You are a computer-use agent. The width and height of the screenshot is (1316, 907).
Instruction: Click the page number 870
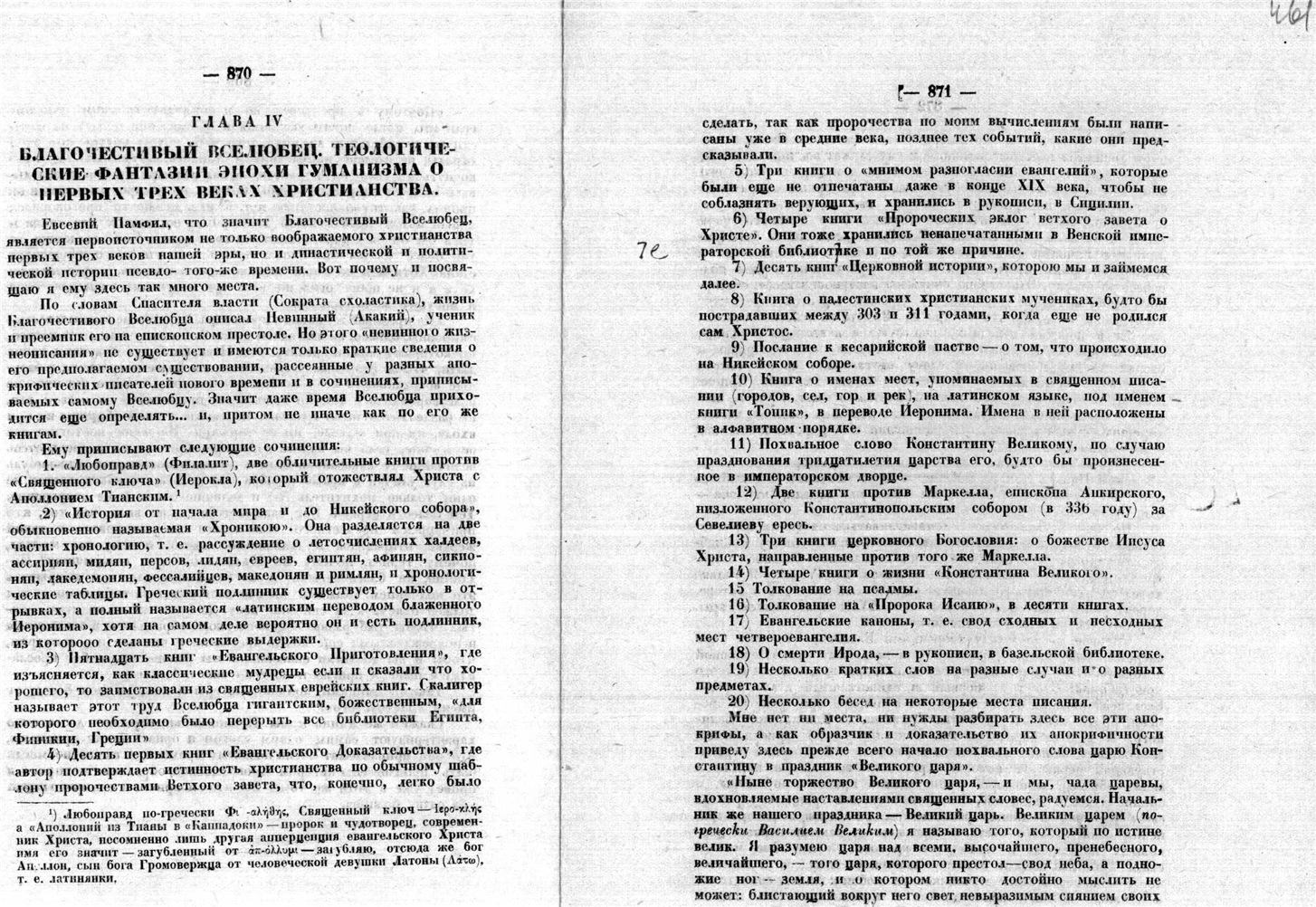(240, 76)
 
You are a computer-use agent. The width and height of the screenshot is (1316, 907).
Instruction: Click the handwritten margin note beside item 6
(651, 253)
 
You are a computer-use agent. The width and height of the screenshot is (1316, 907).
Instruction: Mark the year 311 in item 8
(938, 315)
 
